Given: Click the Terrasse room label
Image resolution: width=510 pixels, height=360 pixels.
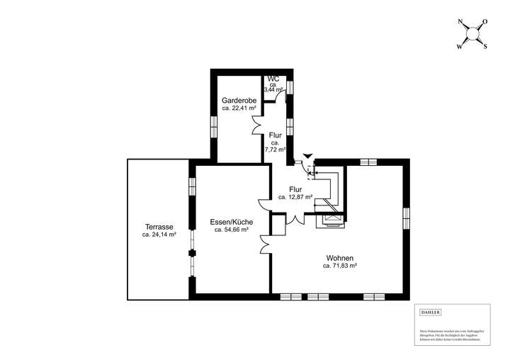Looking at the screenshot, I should point(158,227).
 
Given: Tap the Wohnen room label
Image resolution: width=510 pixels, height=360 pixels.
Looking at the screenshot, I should point(339,258).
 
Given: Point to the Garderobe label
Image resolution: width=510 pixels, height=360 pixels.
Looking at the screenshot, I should point(239,101).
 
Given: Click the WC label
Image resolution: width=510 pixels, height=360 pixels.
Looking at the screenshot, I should point(273,79).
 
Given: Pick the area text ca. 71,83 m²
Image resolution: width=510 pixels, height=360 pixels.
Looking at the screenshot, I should point(339,266).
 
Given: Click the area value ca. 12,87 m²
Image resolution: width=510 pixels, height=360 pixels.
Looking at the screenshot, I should point(295,198).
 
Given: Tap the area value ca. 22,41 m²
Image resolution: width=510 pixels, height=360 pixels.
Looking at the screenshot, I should point(239,108).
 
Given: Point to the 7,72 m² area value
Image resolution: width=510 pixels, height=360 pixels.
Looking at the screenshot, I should point(275,150).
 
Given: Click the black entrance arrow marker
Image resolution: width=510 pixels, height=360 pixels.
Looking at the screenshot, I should point(306,155).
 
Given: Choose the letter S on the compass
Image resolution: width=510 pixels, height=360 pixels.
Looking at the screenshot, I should point(485,47).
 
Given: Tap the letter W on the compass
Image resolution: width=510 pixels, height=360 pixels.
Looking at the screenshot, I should point(458,47).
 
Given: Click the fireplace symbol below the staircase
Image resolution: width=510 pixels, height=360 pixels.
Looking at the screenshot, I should point(330,220).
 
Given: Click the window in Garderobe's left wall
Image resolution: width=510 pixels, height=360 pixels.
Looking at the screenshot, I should point(212,125).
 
